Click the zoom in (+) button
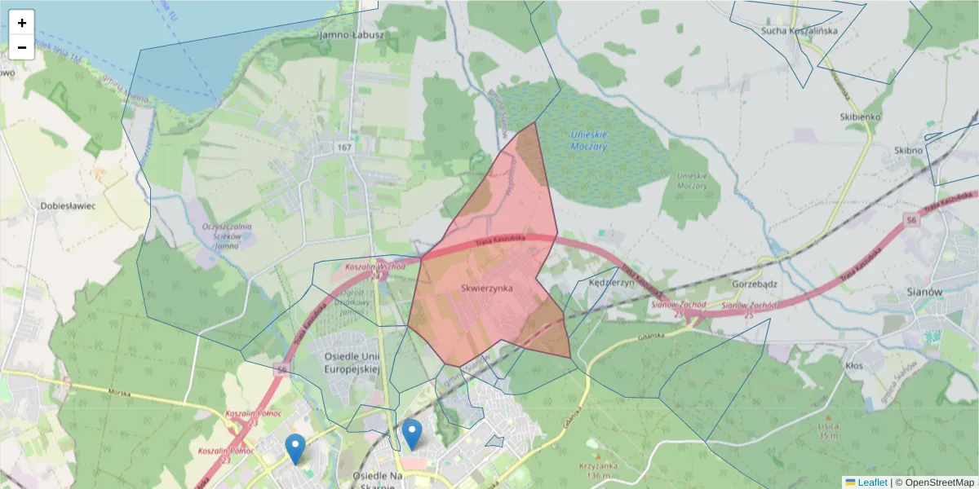pos(22,23)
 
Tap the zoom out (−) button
pos(22,47)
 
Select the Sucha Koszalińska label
pos(787,31)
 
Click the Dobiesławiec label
pos(68,206)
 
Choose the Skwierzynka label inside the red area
pos(486,289)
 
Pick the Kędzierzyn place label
pos(611,282)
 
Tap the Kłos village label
pos(854,366)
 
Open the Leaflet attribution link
pos(871,482)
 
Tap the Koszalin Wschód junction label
pos(374,267)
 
